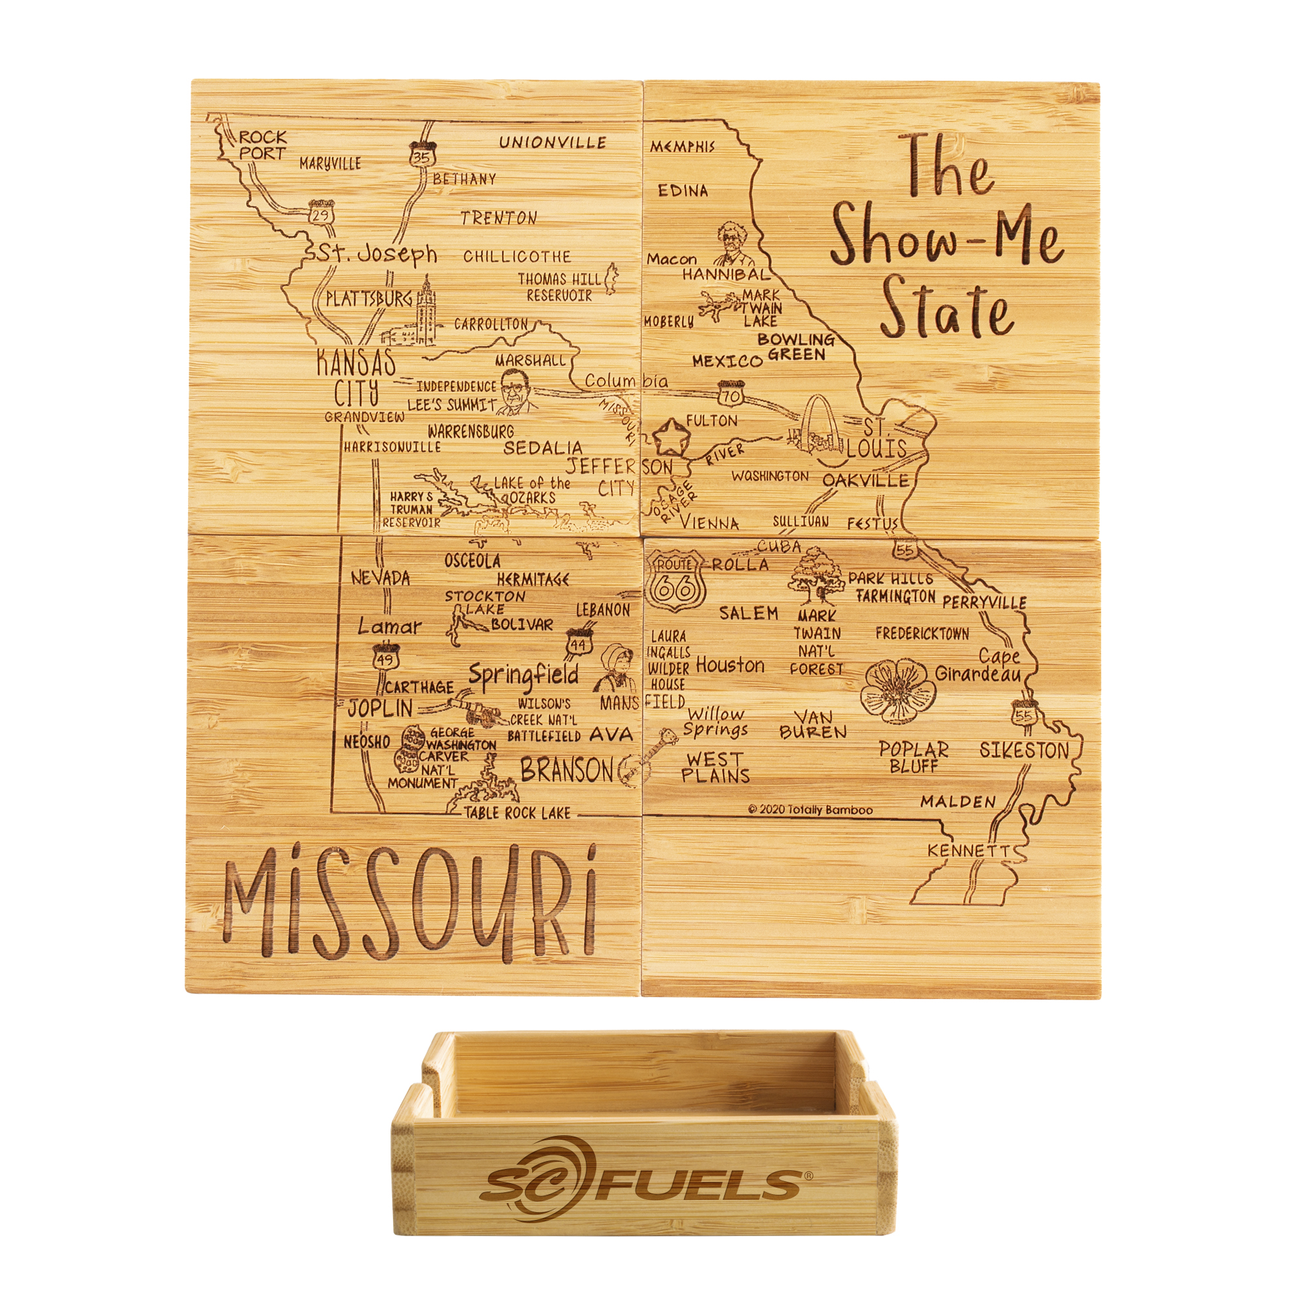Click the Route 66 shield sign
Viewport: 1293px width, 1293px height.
point(674,582)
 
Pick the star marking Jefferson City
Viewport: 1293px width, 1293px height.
point(670,437)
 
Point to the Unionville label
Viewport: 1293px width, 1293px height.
point(553,142)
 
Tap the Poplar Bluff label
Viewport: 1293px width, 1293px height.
point(914,757)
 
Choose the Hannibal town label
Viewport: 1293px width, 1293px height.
point(725,274)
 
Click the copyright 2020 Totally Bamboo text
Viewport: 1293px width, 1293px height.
point(811,810)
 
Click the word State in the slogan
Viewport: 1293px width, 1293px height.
point(945,312)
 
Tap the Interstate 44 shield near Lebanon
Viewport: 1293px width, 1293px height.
point(577,641)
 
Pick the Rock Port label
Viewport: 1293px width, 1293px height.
point(263,145)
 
